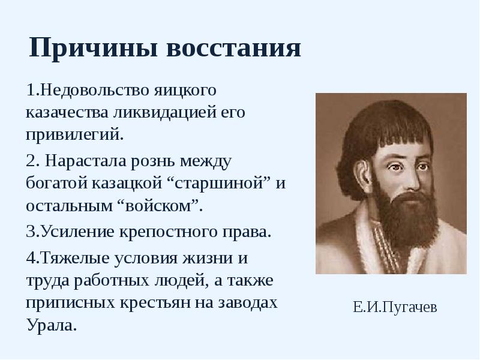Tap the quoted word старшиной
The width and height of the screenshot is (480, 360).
[x=221, y=183]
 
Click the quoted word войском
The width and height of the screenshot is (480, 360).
[x=158, y=204]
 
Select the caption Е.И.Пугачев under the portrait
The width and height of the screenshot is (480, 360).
[x=395, y=308]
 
